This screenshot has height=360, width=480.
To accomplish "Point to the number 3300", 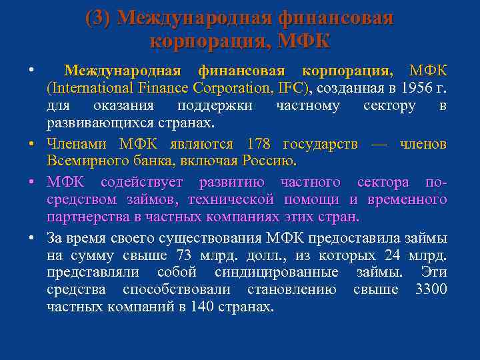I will (431, 289).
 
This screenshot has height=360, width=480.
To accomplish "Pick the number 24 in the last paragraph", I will (396, 255).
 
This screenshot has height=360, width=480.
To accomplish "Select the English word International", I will (91, 88).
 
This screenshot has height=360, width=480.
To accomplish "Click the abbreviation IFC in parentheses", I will (291, 88).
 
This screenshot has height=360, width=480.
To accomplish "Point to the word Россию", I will (269, 161).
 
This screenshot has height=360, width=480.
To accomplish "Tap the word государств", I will (323, 144).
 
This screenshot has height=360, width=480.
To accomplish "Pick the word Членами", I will (79, 144).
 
